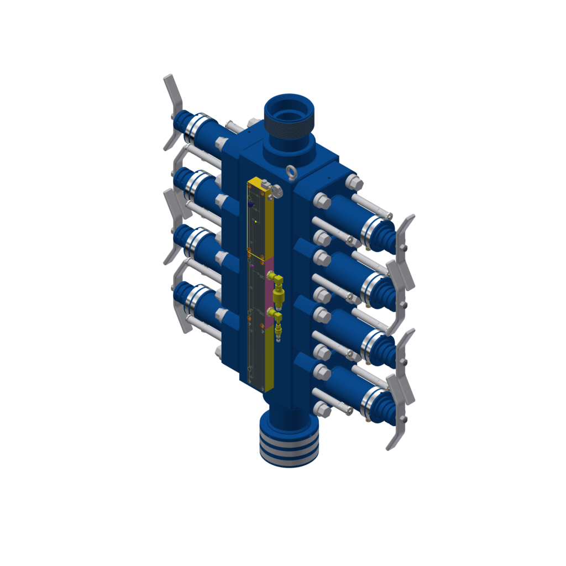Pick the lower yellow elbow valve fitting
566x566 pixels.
point(276,321)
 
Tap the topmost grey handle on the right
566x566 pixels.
point(406,235)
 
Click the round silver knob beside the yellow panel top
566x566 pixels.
point(276,191)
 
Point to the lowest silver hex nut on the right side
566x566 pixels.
point(322,410)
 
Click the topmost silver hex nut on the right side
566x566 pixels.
point(353,182)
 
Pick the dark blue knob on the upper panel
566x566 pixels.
point(250,204)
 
